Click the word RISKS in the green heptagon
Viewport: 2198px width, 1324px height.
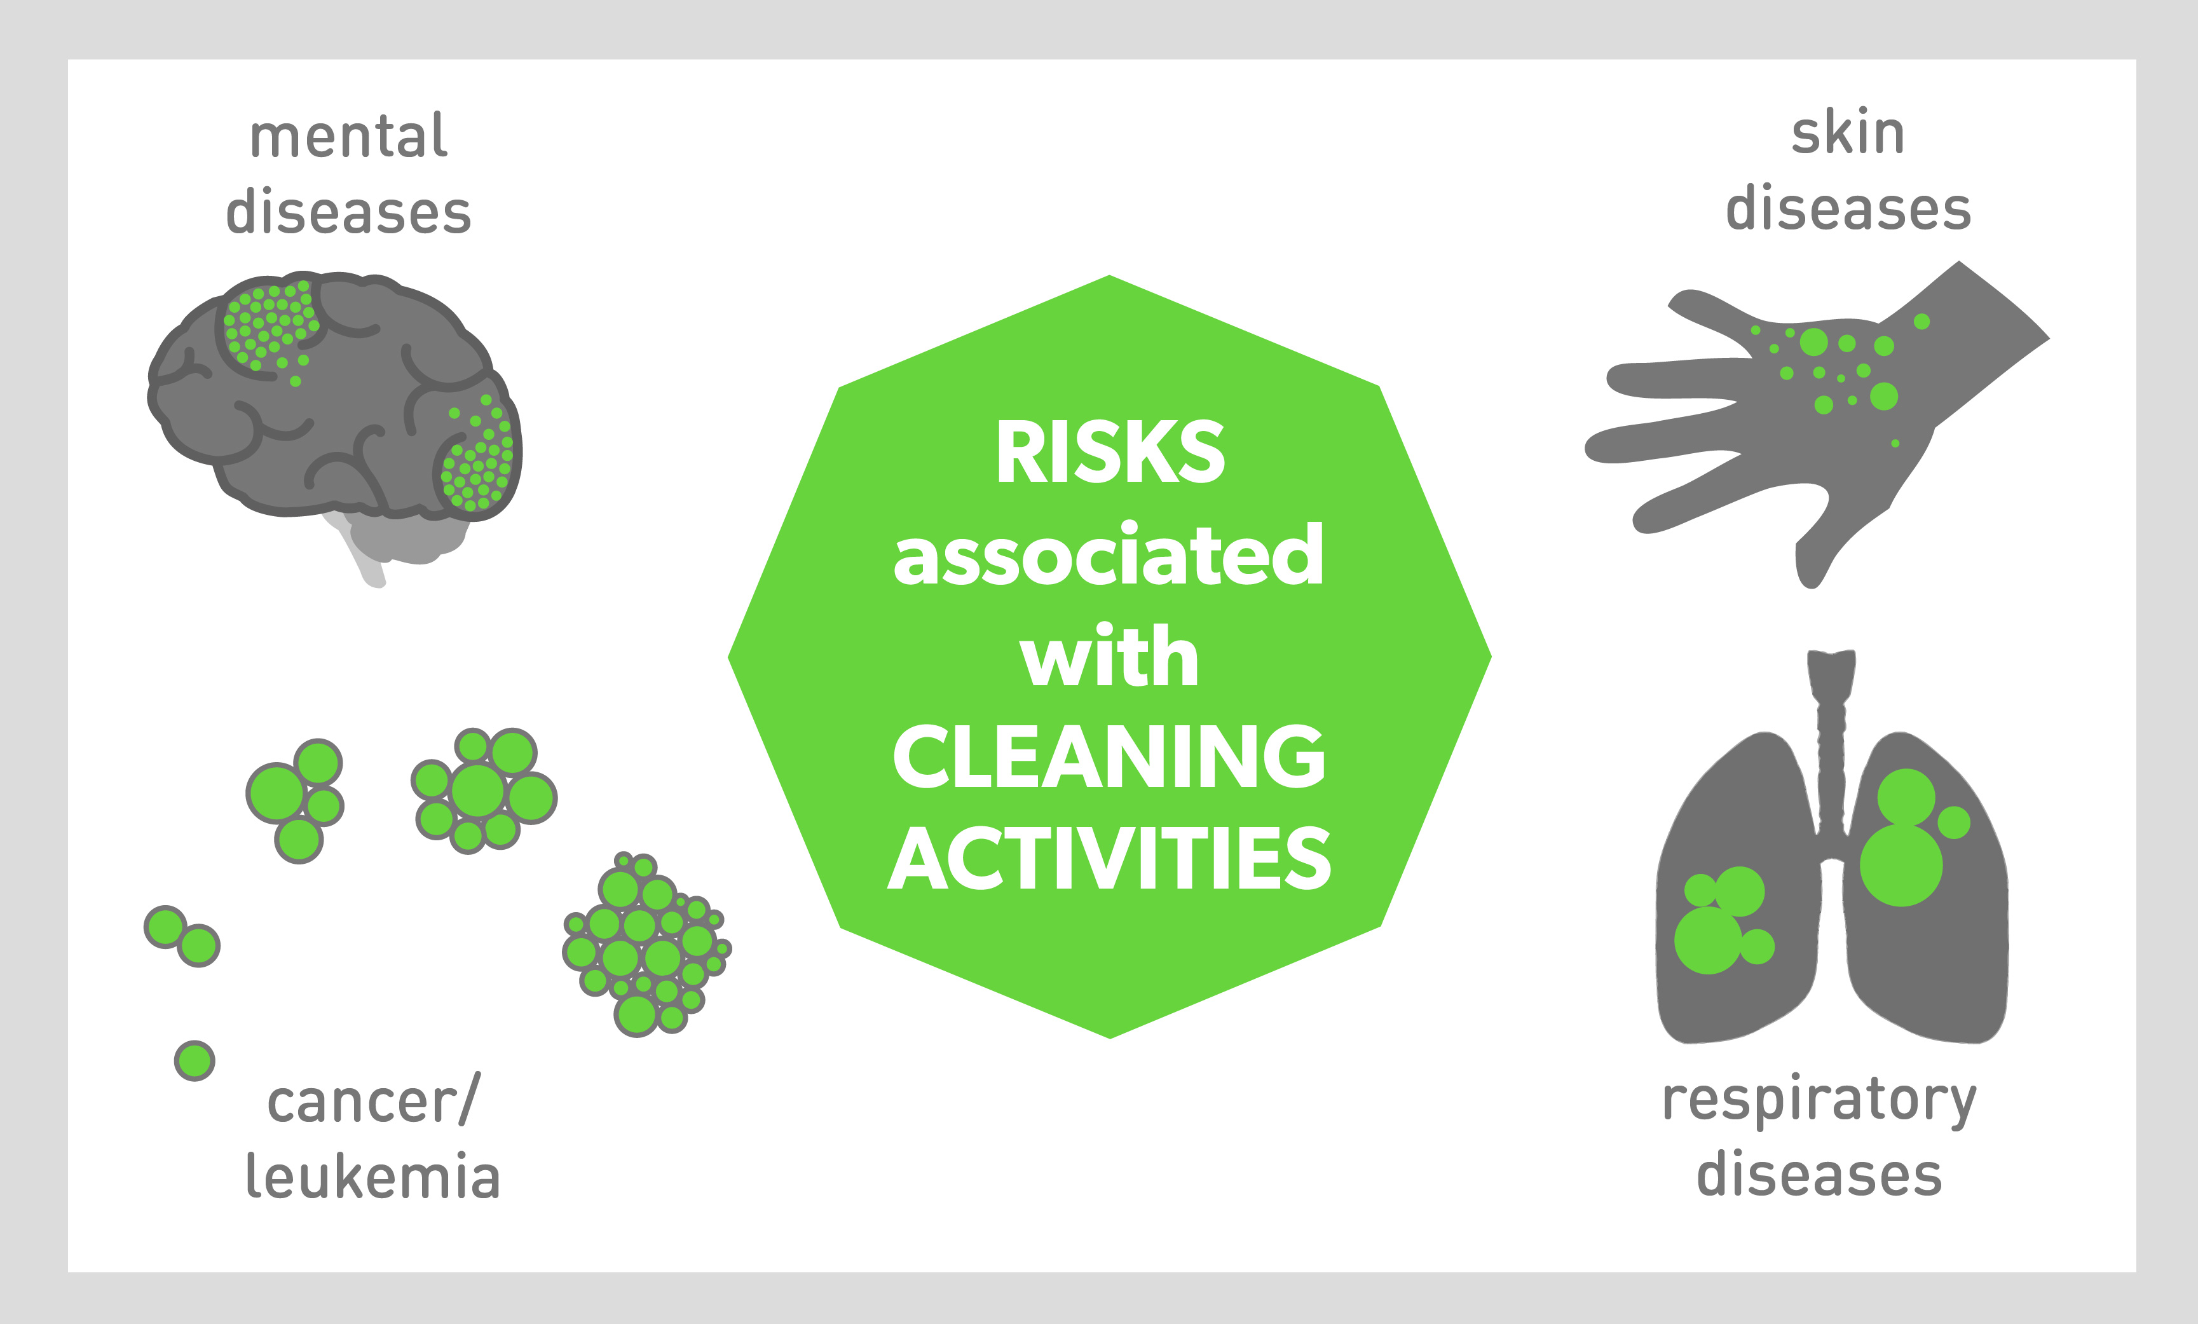pyautogui.click(x=1110, y=453)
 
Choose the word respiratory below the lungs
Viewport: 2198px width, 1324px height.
pyautogui.click(x=1819, y=1103)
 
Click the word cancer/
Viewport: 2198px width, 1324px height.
pyautogui.click(x=373, y=1100)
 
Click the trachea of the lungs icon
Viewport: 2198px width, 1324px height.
pyautogui.click(x=1831, y=740)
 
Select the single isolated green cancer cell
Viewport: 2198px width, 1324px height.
pyautogui.click(x=195, y=1061)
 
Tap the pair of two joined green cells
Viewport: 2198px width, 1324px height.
pyautogui.click(x=182, y=936)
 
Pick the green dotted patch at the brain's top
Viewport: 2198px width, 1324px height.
pyautogui.click(x=270, y=325)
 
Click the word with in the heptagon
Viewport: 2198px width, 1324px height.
pyautogui.click(x=1110, y=656)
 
